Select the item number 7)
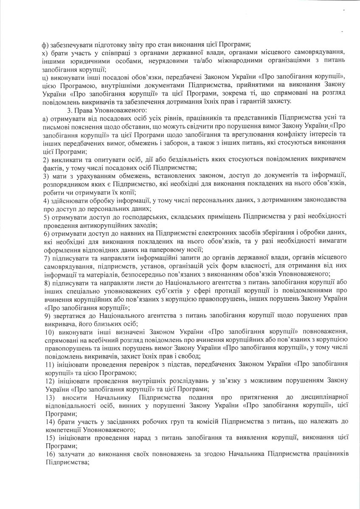[46, 258]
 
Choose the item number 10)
[48, 330]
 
